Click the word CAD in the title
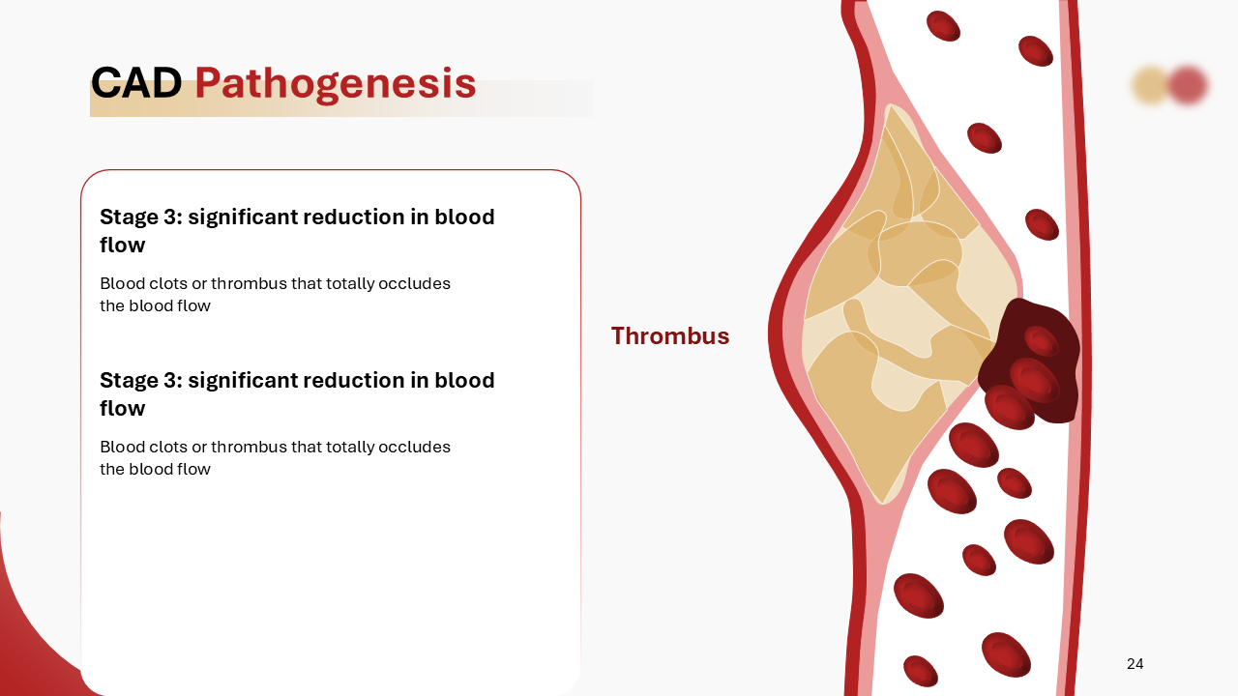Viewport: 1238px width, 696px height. coord(136,84)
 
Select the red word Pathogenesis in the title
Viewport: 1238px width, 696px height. coord(335,85)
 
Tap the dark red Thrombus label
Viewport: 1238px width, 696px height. coord(669,336)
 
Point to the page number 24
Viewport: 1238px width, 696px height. coord(1135,664)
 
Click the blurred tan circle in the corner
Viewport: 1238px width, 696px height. coord(1151,85)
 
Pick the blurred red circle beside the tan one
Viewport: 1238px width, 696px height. coord(1188,85)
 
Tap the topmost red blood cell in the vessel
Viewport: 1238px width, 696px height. coord(943,26)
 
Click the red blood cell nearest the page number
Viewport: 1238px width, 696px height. coord(1006,654)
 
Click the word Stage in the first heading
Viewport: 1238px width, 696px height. coord(129,217)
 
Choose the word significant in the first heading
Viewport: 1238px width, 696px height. coord(243,217)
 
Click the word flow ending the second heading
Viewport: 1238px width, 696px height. coord(123,409)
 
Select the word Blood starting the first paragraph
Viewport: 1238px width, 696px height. coord(122,284)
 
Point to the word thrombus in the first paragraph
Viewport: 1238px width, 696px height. coord(249,284)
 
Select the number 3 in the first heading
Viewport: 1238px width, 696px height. coord(173,217)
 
